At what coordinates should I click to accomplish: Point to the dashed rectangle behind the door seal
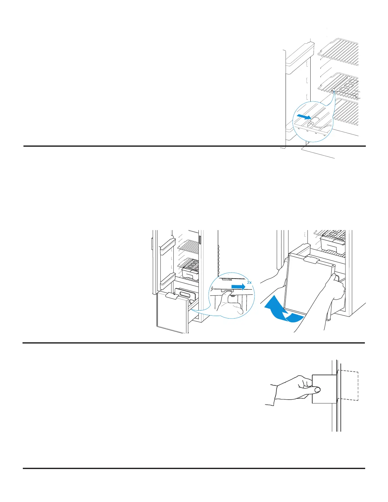pyautogui.click(x=349, y=385)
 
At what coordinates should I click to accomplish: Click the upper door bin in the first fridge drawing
pyautogui.click(x=300, y=59)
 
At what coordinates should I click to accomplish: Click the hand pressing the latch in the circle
pyautogui.click(x=230, y=303)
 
